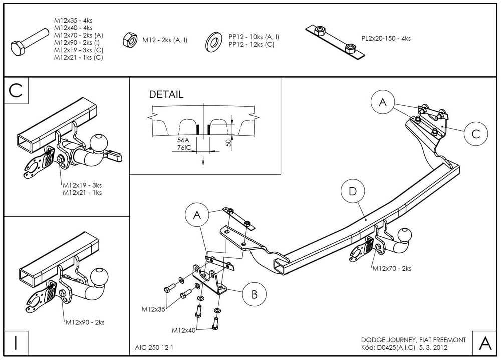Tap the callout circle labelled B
[254, 294]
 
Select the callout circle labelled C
[475, 133]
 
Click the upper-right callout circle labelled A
[383, 103]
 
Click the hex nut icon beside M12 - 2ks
[130, 40]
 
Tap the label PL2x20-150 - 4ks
[386, 38]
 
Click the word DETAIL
[166, 94]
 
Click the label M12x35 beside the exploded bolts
[153, 309]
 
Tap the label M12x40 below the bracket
[184, 331]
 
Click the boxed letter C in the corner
[16, 91]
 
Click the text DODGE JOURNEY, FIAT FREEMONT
[414, 340]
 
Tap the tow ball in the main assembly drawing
[404, 235]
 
